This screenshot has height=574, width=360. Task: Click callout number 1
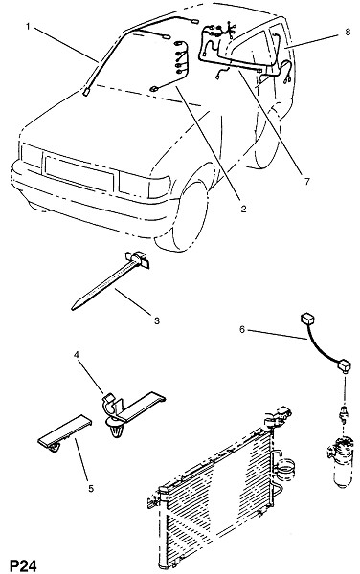pos(28,27)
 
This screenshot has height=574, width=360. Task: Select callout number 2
pos(243,209)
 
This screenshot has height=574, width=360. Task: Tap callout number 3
pos(157,320)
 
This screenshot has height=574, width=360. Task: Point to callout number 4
pos(77,354)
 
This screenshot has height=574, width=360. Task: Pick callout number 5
pos(91,488)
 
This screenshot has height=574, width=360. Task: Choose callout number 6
pos(242,329)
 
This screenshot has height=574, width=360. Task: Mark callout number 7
pos(306,181)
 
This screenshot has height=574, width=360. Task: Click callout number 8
pos(348,32)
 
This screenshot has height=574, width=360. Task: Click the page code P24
pos(23,565)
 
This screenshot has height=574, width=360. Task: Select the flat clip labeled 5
pos(64,433)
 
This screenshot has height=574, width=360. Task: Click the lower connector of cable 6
pos(344,365)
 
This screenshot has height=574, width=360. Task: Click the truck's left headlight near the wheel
pos(144,187)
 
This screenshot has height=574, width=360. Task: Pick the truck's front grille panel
pos(79,173)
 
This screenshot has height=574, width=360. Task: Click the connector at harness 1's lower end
pos(86,92)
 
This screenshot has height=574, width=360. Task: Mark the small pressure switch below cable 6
pos(344,413)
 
